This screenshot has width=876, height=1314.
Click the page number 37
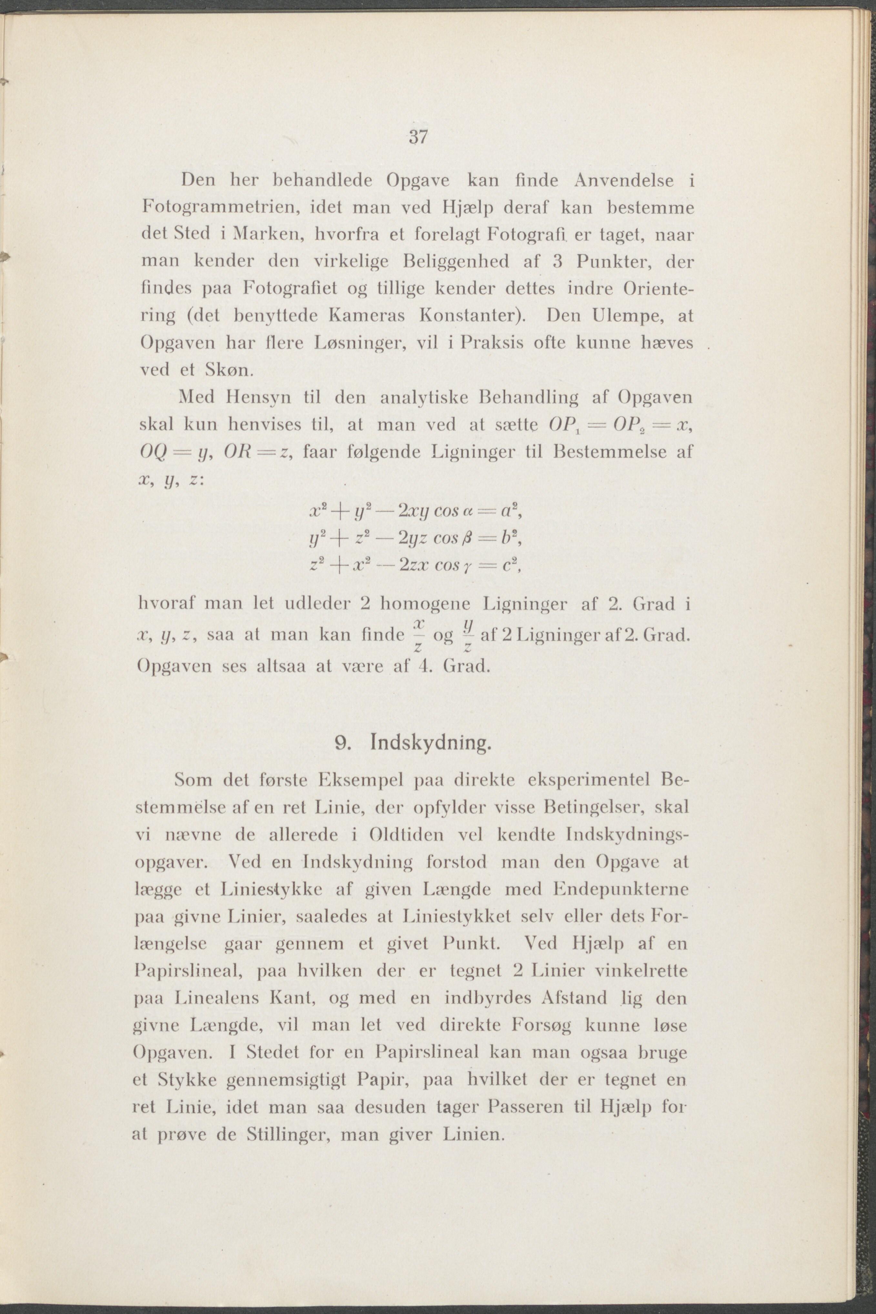[x=418, y=137]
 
